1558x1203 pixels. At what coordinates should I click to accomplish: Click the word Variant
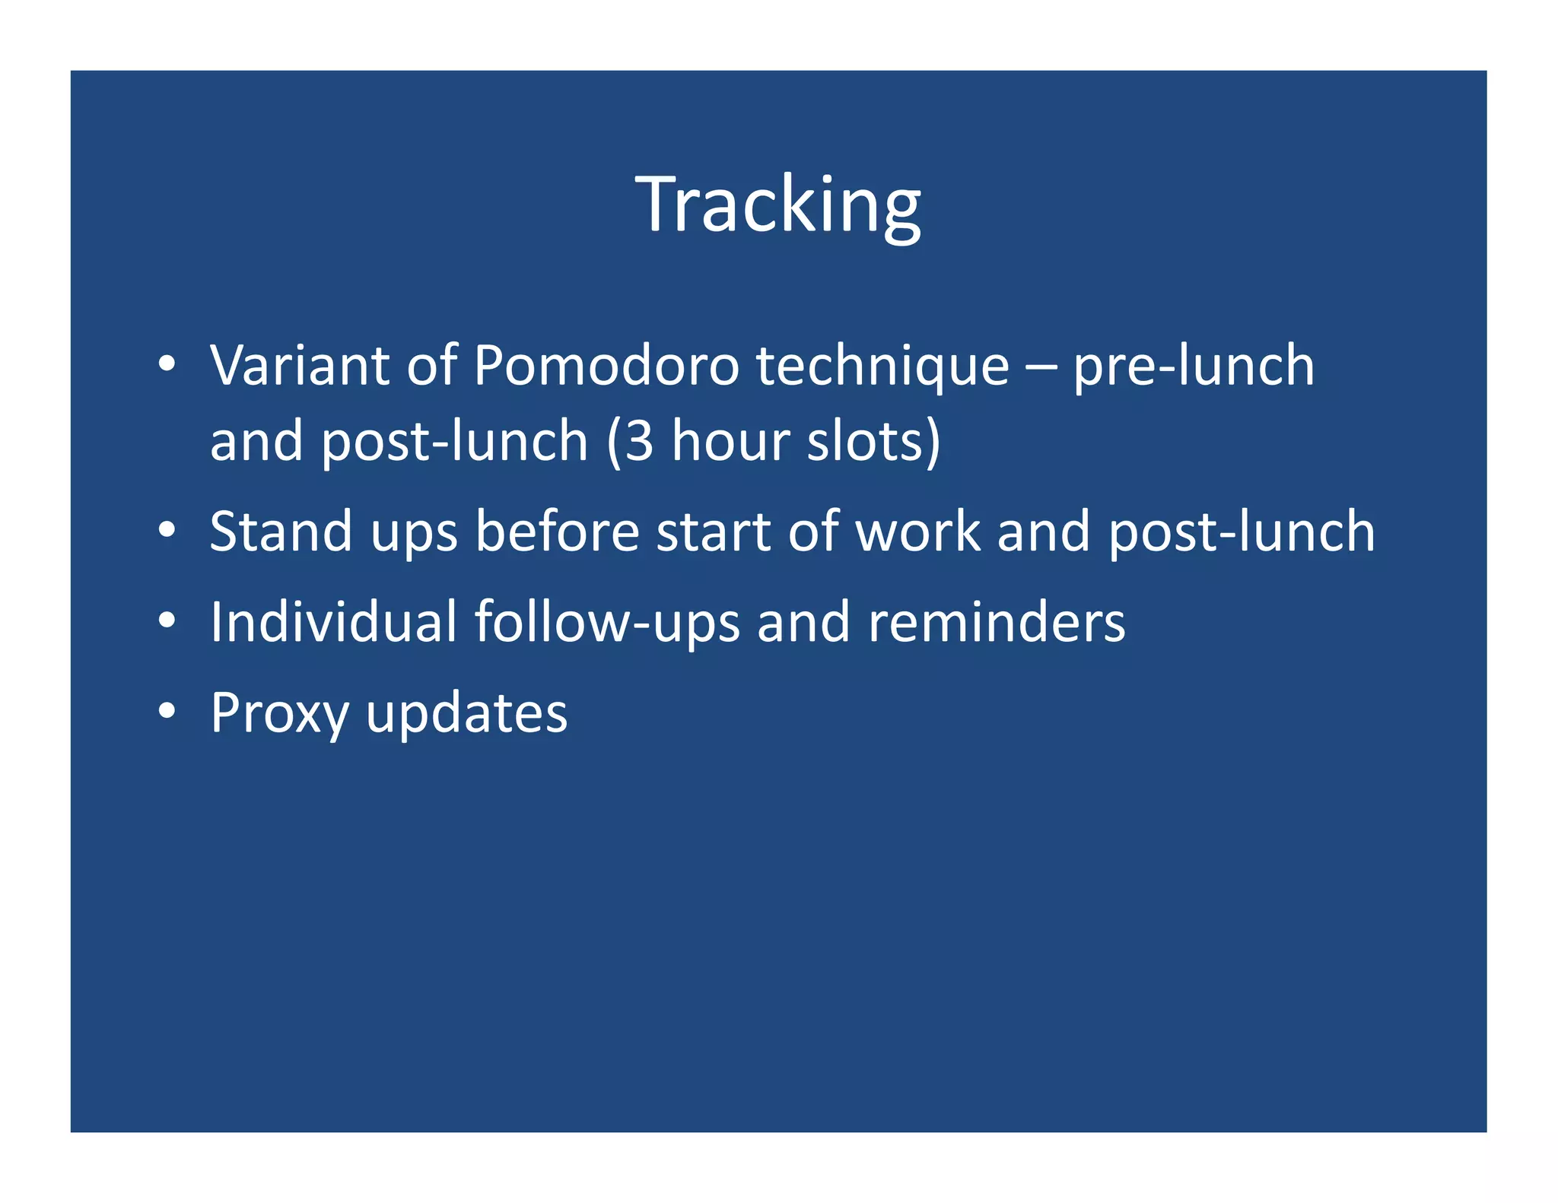299,366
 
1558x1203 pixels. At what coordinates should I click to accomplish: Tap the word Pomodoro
606,366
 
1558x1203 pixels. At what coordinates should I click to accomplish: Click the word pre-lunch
1193,367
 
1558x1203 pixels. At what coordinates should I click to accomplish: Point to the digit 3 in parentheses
639,442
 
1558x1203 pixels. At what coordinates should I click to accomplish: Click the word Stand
281,532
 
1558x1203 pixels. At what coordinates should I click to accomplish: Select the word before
557,532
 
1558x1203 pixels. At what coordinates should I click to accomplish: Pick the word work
917,532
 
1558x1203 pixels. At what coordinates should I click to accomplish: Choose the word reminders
996,622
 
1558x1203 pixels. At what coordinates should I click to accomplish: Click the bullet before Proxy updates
167,711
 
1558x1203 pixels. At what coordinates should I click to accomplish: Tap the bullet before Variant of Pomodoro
167,364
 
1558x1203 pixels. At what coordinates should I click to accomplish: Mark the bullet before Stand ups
167,530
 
